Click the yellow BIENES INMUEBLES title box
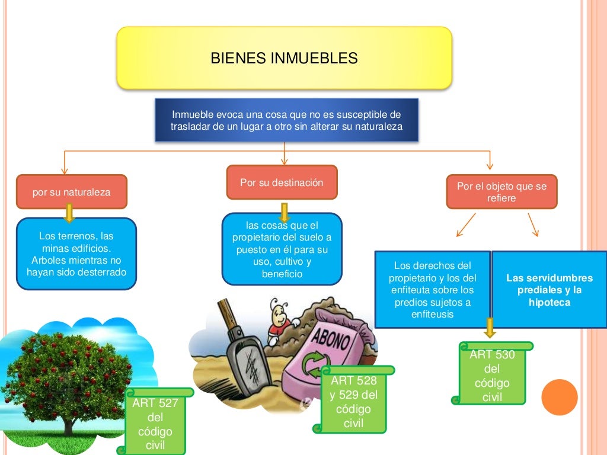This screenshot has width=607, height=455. [x=284, y=58]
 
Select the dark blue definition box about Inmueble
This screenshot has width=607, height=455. [x=286, y=120]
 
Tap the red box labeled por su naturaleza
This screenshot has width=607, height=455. [x=71, y=192]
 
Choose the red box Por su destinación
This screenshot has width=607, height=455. [x=282, y=182]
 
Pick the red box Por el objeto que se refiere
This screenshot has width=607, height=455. [x=501, y=192]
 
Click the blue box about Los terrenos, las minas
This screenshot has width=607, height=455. [x=76, y=254]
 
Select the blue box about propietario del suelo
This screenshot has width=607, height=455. [x=282, y=249]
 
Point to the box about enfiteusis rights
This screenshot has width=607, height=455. [x=432, y=290]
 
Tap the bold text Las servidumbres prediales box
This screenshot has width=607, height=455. [x=549, y=290]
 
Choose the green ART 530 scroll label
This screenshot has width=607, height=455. [x=492, y=375]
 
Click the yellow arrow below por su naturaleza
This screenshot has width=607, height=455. [x=69, y=213]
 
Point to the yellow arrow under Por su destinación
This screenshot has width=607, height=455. [x=284, y=212]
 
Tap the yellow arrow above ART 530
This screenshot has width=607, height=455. [x=490, y=328]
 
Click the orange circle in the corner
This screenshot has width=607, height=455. [x=559, y=397]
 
